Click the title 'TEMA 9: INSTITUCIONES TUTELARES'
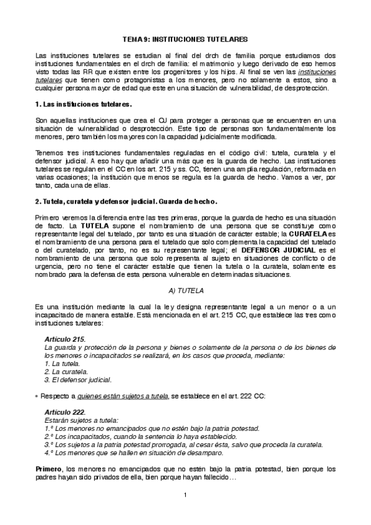tap(185, 38)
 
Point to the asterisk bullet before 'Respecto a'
tap(37, 396)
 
